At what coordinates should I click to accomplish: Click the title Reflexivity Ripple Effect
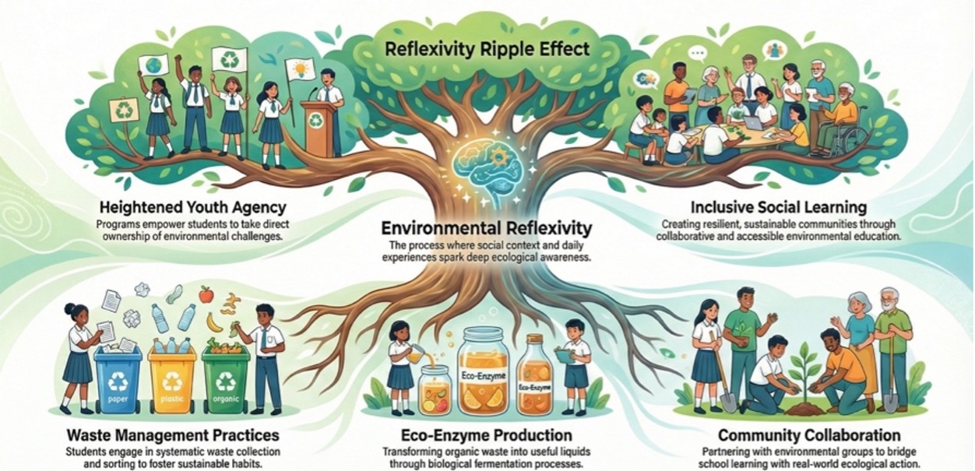487,49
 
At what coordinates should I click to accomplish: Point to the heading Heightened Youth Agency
192,207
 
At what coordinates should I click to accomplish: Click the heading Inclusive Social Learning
779,207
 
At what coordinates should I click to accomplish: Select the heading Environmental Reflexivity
487,227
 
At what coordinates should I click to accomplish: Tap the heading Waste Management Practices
173,435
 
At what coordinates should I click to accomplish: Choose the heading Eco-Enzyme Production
487,435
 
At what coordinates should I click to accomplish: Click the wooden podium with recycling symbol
319,127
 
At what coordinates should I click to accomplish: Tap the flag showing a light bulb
300,69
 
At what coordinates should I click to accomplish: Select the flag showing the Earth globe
153,65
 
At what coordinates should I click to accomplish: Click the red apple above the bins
206,295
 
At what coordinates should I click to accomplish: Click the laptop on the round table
755,122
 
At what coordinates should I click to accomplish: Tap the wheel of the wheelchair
849,139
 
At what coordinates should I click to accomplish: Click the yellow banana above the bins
213,322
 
